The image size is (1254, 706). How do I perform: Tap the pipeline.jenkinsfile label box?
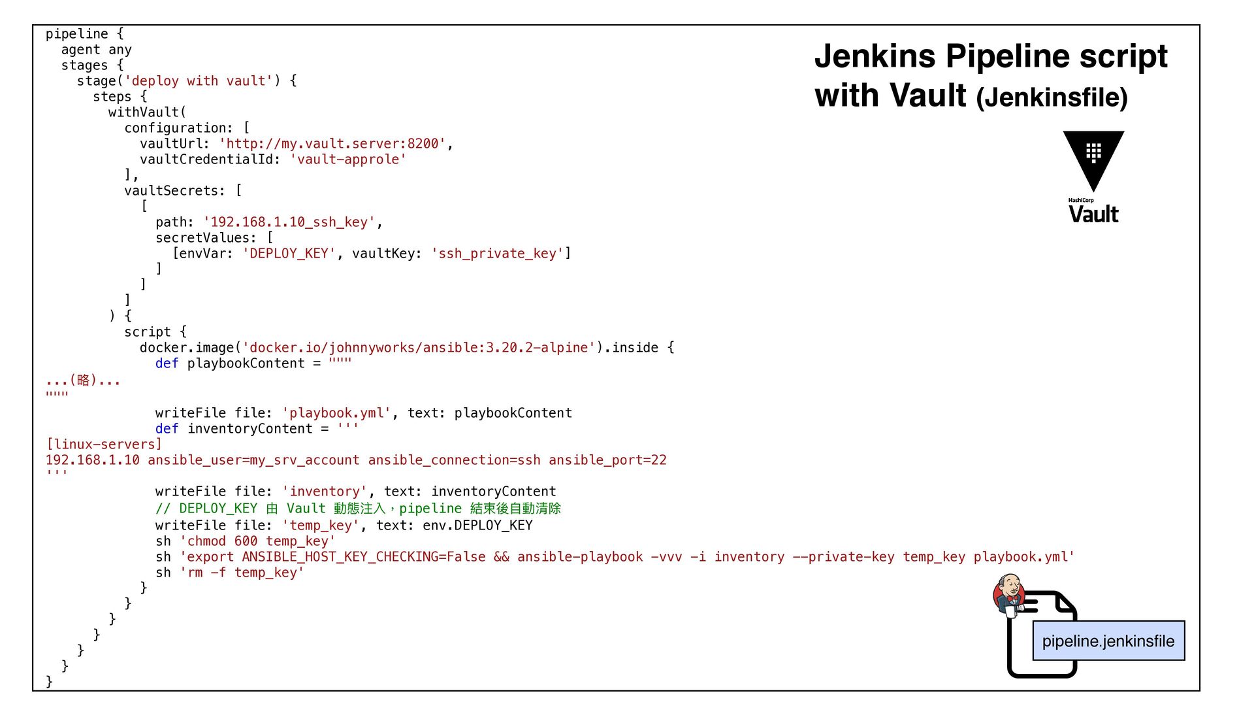1108,641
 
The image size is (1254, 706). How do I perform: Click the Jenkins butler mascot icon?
1009,594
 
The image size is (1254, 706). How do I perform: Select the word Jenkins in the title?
875,56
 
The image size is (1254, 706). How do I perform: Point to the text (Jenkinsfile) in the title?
1052,97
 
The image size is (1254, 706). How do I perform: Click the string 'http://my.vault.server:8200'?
332,144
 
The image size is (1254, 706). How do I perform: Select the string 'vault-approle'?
348,160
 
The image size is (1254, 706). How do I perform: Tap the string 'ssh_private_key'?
497,254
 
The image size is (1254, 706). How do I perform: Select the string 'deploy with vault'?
199,81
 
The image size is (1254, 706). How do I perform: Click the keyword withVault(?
147,112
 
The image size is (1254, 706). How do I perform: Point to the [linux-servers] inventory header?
104,445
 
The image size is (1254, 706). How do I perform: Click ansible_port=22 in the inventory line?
607,460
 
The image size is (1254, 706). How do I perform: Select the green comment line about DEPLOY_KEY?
358,509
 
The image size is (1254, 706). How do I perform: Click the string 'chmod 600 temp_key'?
257,541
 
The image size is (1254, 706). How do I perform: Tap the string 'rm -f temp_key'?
242,573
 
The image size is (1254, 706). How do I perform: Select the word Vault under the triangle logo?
1093,214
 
